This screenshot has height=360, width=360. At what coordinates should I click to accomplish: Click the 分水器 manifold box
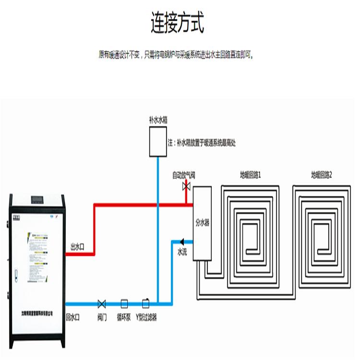point(202,223)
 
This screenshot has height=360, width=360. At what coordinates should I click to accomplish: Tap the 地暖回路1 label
point(250,175)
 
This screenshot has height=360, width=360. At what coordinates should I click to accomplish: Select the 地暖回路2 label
point(321,175)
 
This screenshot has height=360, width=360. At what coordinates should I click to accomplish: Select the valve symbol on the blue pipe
point(102,303)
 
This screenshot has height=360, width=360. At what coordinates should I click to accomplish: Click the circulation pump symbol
point(124,303)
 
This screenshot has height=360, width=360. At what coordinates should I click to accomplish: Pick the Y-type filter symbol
point(145,303)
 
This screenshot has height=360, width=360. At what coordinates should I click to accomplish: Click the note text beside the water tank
point(202,143)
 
